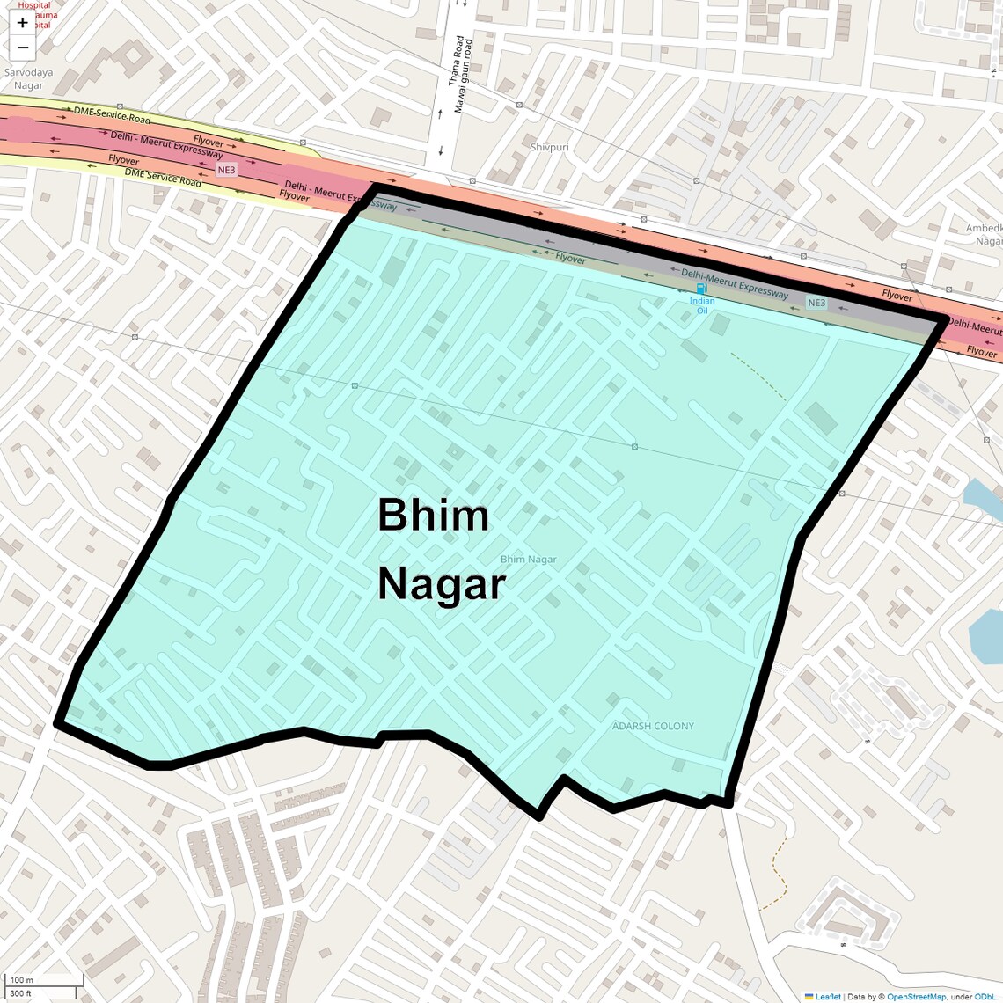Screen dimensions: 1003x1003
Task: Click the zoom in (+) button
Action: click(x=23, y=23)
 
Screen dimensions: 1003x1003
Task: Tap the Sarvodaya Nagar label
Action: click(x=28, y=79)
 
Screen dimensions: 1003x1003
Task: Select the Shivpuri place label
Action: click(x=549, y=147)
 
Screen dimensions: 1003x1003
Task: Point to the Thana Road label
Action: click(x=456, y=62)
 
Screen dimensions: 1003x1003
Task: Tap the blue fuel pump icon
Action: click(x=701, y=289)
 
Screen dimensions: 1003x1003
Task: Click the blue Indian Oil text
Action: click(x=701, y=305)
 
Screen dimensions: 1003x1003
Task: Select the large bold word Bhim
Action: click(x=433, y=515)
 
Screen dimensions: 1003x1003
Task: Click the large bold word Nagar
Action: click(x=442, y=584)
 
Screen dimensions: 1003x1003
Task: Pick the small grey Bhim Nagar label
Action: click(x=528, y=560)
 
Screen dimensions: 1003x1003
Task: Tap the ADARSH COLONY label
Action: click(x=653, y=726)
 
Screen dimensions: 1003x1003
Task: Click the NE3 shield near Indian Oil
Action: click(x=816, y=303)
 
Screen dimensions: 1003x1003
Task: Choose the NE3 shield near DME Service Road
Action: click(x=226, y=170)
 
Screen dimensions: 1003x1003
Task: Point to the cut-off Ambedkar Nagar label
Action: click(x=984, y=234)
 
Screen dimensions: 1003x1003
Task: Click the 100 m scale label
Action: click(x=22, y=980)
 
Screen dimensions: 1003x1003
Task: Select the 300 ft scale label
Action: click(x=22, y=993)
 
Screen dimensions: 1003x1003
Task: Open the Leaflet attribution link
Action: click(x=827, y=997)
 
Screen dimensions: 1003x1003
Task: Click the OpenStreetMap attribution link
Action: click(x=916, y=997)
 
